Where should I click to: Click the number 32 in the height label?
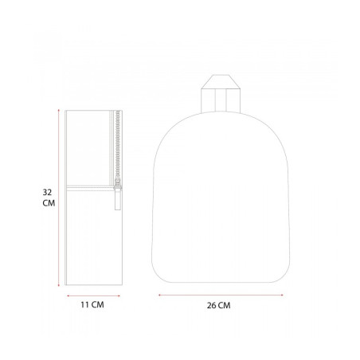(x=47, y=192)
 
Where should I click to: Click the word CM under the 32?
(x=49, y=203)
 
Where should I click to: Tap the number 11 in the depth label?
(x=84, y=304)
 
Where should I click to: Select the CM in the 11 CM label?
(x=98, y=304)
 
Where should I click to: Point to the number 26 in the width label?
(x=212, y=305)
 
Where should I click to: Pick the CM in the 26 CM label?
(x=225, y=305)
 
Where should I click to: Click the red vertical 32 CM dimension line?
(x=58, y=198)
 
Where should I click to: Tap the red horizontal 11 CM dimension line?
(x=93, y=295)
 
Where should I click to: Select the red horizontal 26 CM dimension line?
(x=221, y=295)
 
